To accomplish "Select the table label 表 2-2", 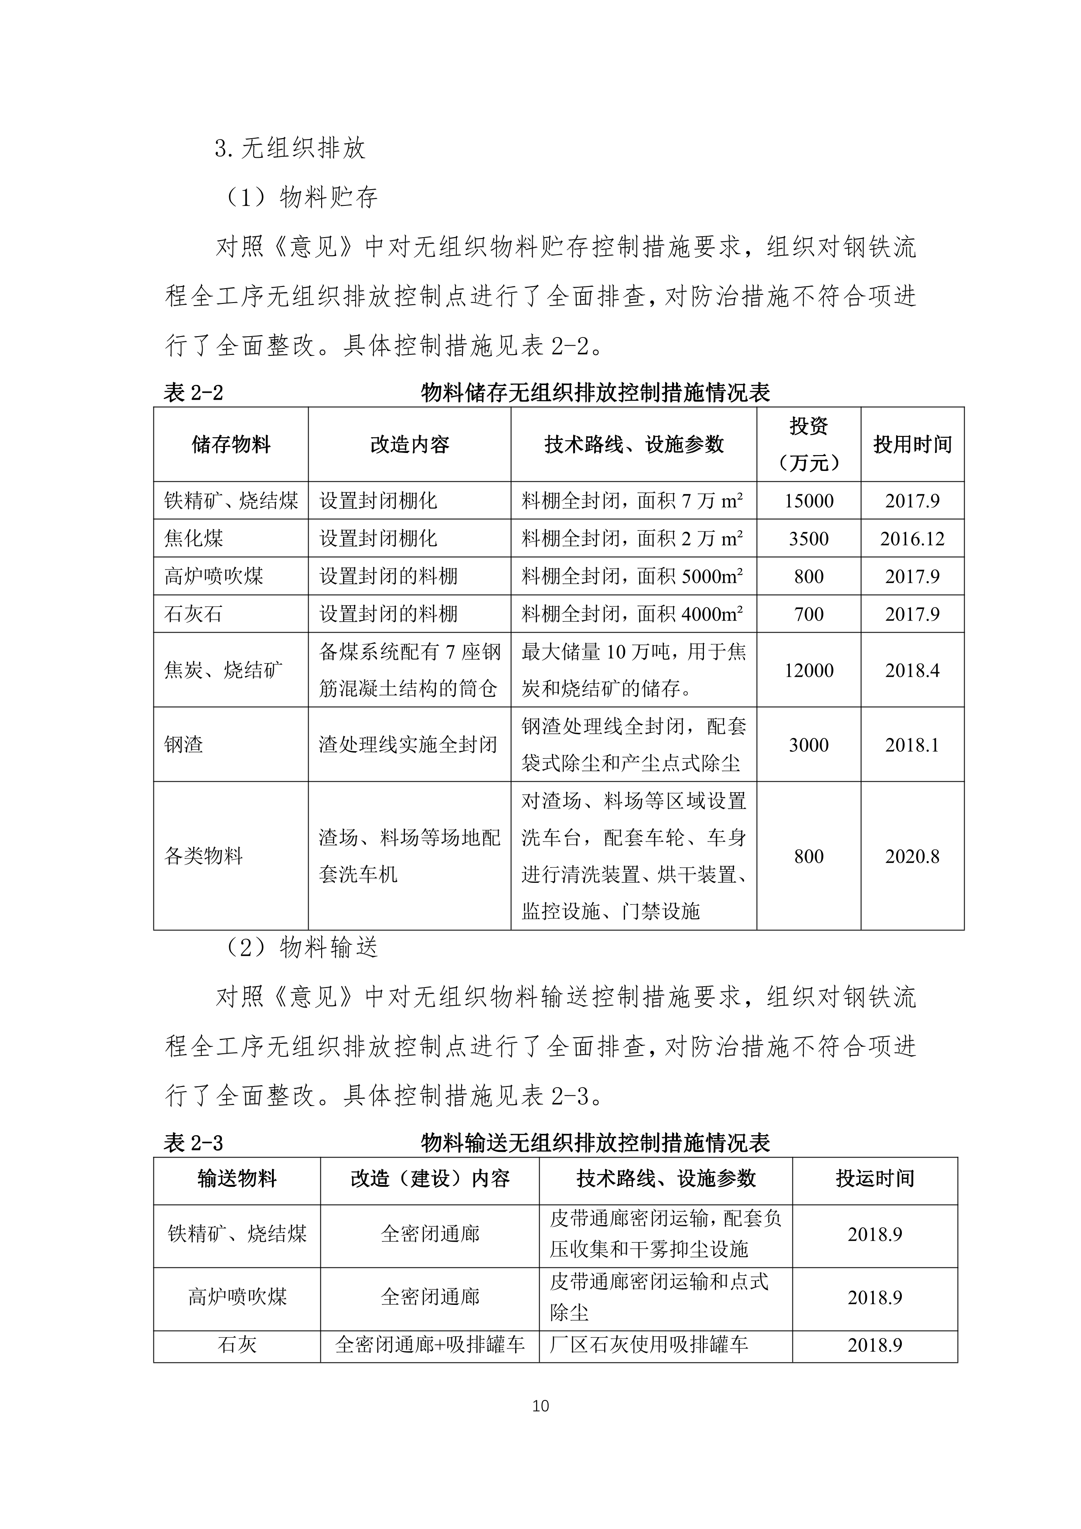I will click(193, 393).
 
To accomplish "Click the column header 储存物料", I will click(231, 444).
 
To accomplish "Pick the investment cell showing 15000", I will click(808, 501).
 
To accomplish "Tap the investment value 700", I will click(808, 614).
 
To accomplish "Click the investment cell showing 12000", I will click(808, 670).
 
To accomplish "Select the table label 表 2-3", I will click(193, 1144).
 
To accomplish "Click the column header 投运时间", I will click(875, 1179).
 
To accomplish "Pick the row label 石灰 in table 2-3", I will click(237, 1345).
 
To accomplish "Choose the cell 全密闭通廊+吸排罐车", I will click(430, 1345).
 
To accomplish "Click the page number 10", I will click(540, 1406).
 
